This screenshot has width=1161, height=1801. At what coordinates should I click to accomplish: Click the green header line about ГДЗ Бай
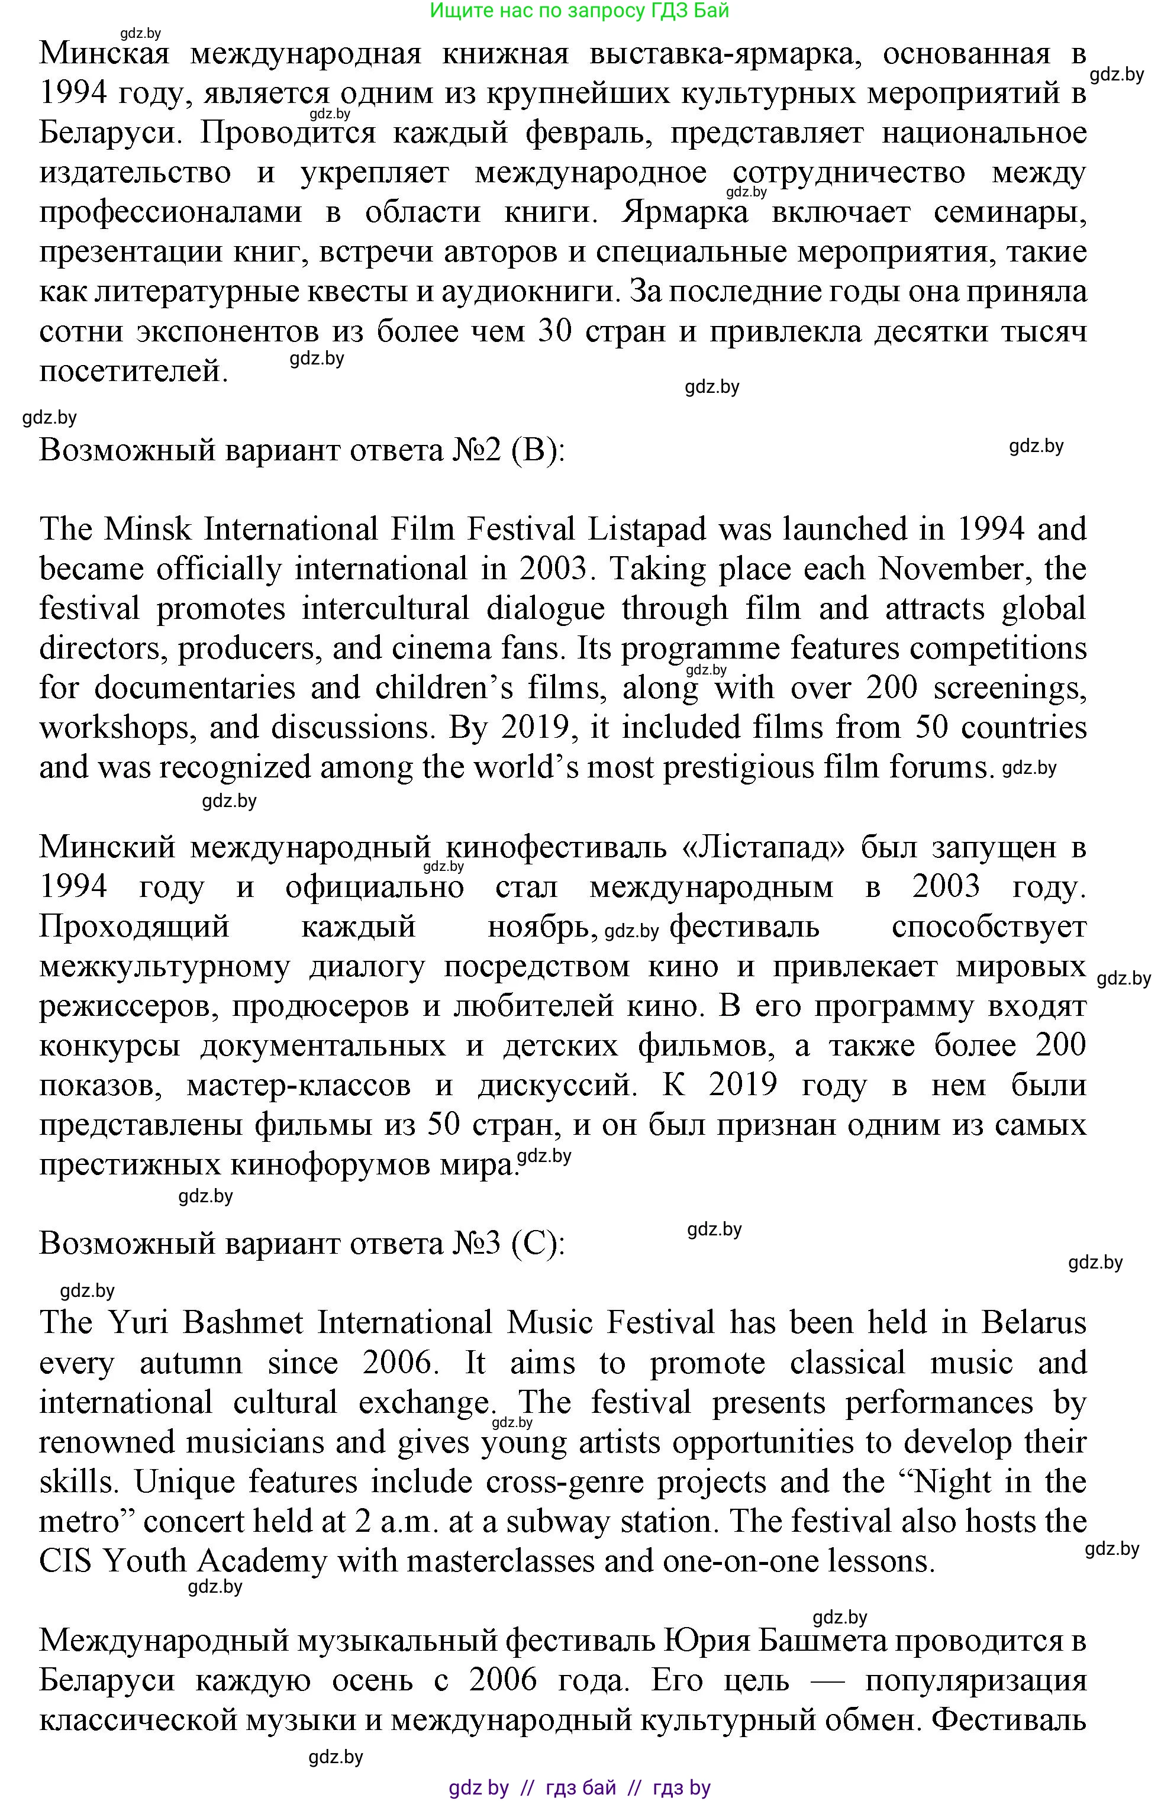[x=579, y=11]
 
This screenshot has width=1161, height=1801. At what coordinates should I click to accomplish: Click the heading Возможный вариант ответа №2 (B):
[x=302, y=451]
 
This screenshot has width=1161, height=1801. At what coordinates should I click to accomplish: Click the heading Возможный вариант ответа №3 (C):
[x=302, y=1244]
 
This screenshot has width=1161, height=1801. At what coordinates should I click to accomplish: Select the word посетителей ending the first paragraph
[x=134, y=372]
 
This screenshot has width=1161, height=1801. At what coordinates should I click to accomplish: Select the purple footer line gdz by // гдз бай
[x=579, y=1787]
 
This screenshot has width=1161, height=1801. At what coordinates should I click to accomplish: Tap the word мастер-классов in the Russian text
[x=299, y=1086]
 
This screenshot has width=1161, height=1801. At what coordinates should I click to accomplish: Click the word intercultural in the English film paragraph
[x=386, y=609]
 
